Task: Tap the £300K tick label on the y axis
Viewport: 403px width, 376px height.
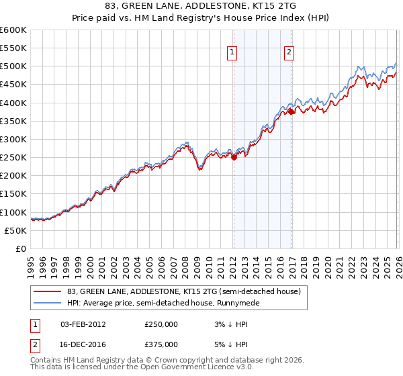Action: (13, 139)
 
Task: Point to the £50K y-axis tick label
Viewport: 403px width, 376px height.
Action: (15, 230)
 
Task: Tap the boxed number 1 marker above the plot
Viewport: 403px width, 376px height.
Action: (232, 52)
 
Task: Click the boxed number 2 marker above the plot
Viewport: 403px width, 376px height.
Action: (289, 52)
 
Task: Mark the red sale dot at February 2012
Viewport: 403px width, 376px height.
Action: (234, 158)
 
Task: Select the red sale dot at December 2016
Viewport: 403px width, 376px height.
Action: (292, 112)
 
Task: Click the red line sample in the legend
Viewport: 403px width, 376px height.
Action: (48, 291)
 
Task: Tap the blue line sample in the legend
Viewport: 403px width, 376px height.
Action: (48, 303)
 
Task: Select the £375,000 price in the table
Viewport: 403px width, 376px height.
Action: (161, 344)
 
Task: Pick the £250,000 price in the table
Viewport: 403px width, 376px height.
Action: (161, 324)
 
